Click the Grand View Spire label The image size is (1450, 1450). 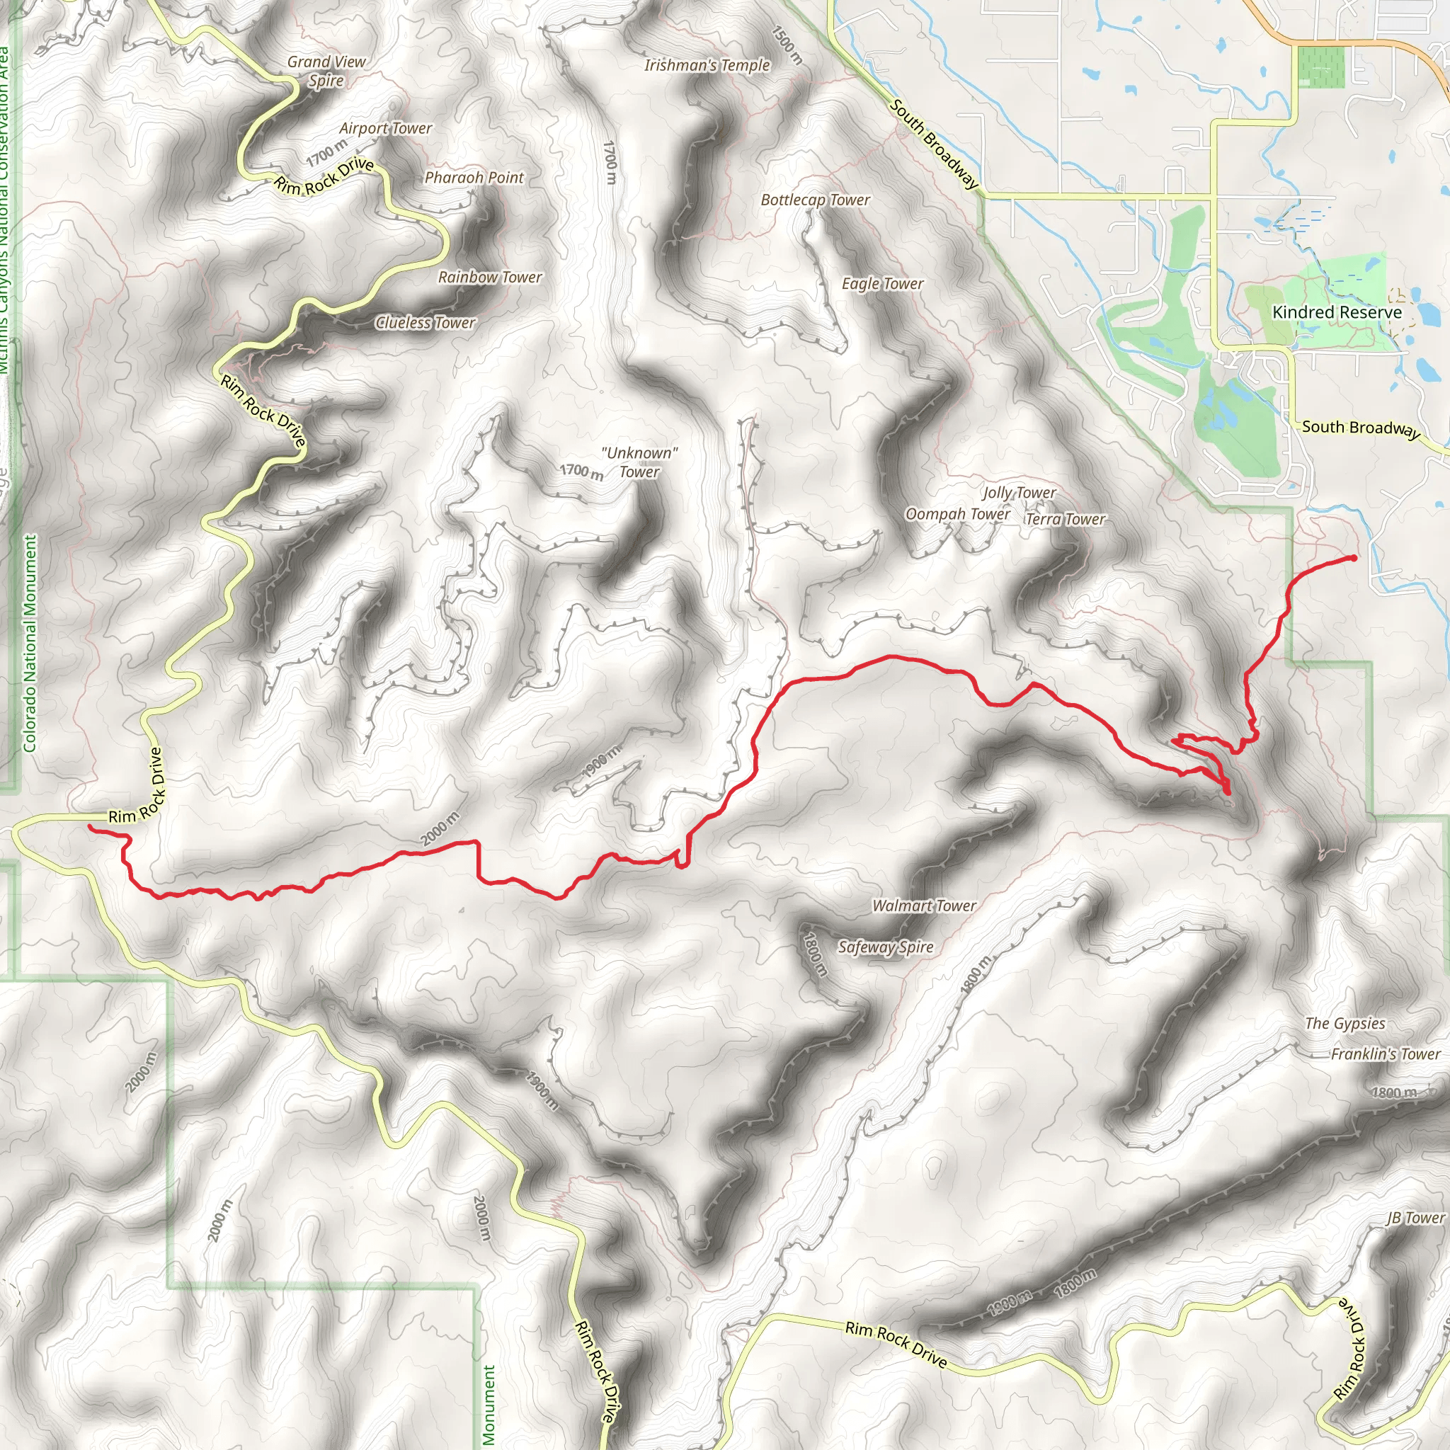[x=326, y=72]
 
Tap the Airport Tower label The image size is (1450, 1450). [x=386, y=128]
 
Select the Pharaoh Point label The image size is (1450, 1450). [x=474, y=178]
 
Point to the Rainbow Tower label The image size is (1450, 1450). [x=490, y=278]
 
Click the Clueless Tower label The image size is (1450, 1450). [x=426, y=323]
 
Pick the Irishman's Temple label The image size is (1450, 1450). [x=707, y=65]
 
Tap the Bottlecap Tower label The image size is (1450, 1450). [x=815, y=200]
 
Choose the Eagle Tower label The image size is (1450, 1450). [x=883, y=284]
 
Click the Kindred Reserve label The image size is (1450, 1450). [x=1337, y=312]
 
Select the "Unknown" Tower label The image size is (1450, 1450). [x=639, y=462]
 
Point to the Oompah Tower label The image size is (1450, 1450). [x=958, y=514]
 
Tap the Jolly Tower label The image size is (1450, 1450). [x=1020, y=493]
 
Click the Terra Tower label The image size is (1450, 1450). [x=1066, y=520]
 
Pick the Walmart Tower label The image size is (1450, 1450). [x=924, y=906]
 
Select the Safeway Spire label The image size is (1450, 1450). [x=886, y=947]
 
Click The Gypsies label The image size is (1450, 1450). [x=1345, y=1024]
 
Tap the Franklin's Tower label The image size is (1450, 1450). [x=1386, y=1054]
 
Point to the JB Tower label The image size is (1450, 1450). [x=1415, y=1218]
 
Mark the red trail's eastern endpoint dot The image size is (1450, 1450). [x=1353, y=558]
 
